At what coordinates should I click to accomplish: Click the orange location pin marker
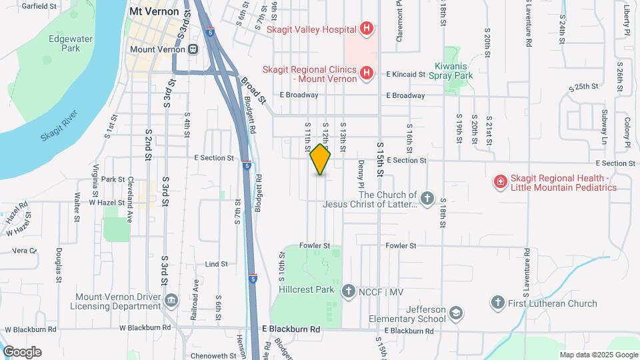pyautogui.click(x=321, y=160)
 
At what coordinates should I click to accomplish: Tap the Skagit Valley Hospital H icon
pyautogui.click(x=365, y=29)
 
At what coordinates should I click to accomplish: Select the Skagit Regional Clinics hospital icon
pyautogui.click(x=365, y=73)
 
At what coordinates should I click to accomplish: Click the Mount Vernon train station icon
pyautogui.click(x=193, y=49)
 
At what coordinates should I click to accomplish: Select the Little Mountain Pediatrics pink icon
pyautogui.click(x=499, y=181)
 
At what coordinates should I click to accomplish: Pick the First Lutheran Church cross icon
pyautogui.click(x=497, y=303)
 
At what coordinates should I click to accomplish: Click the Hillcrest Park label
pyautogui.click(x=307, y=290)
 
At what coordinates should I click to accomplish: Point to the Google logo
pyautogui.click(x=22, y=352)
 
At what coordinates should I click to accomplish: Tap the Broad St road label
pyautogui.click(x=253, y=89)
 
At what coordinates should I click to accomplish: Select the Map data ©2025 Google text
pyautogui.click(x=599, y=355)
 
